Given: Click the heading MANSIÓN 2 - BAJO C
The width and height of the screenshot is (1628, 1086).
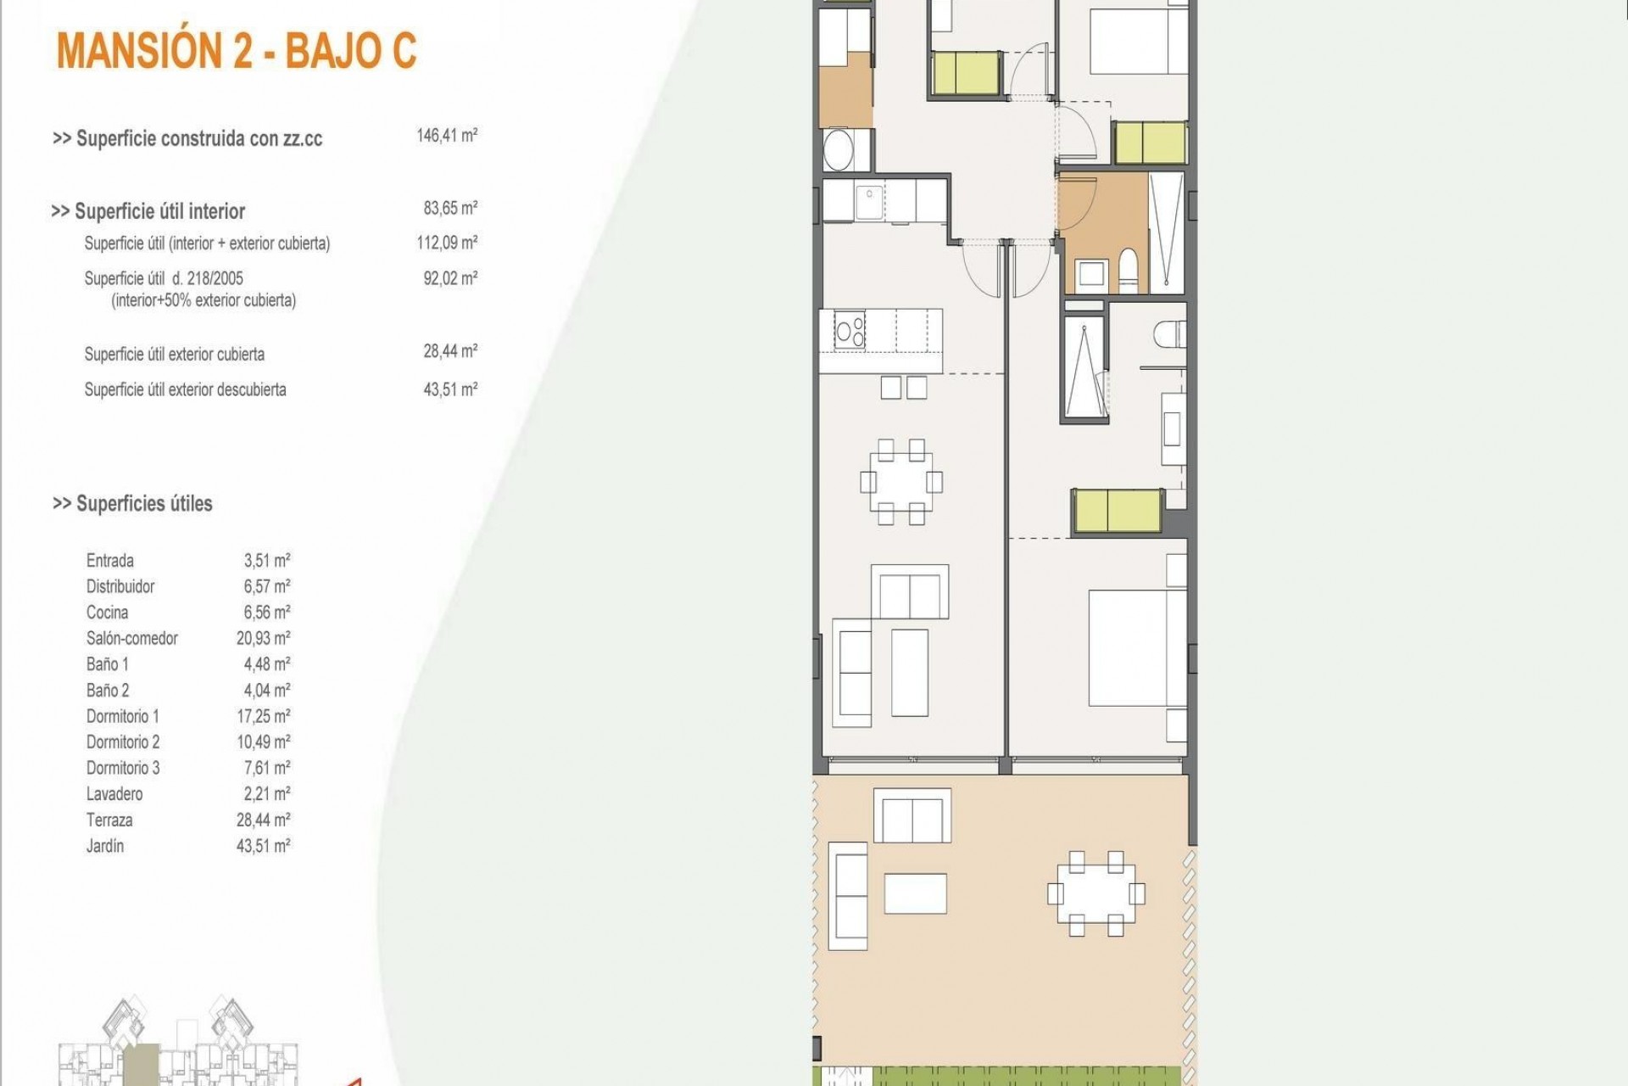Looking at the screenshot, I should [x=237, y=51].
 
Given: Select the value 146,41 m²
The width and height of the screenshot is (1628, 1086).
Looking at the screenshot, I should [x=447, y=136].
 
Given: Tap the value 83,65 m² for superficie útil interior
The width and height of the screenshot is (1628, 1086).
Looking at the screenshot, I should [x=450, y=208].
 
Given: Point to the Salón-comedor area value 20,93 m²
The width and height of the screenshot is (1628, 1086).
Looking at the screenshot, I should [x=263, y=638].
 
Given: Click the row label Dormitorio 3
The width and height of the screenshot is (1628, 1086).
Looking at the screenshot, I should [x=123, y=768].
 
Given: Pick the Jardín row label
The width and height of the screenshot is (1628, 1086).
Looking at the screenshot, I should [x=105, y=846].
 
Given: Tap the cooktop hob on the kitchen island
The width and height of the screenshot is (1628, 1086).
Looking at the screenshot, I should [x=850, y=331].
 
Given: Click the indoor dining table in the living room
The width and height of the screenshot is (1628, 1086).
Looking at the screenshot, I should [x=900, y=482].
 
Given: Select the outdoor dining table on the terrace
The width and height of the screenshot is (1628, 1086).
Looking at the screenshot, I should [x=1096, y=894].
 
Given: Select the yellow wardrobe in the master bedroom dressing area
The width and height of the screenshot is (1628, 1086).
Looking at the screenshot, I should [x=1117, y=512].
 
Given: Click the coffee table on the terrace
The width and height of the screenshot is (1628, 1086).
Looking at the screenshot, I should [x=915, y=893].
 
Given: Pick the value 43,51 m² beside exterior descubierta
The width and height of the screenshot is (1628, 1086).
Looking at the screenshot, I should [x=450, y=389].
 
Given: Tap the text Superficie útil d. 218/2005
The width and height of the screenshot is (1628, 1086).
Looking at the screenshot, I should [x=164, y=278].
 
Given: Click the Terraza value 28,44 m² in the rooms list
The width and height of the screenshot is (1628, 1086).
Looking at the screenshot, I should [x=263, y=820].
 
